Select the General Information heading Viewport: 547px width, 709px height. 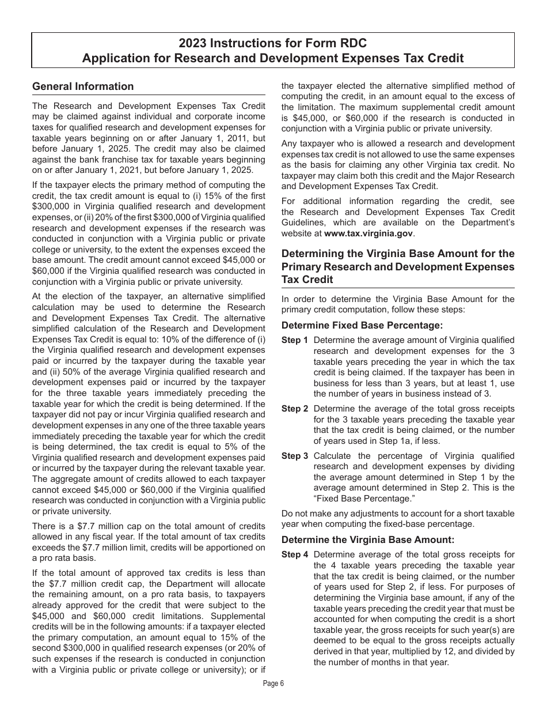pos(83,86)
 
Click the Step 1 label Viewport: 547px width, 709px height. pos(295,340)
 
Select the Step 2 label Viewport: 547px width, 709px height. pos(295,409)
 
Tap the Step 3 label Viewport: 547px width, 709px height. pos(295,456)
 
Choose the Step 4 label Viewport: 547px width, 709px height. pos(295,555)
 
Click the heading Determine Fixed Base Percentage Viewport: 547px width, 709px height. pos(362,325)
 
